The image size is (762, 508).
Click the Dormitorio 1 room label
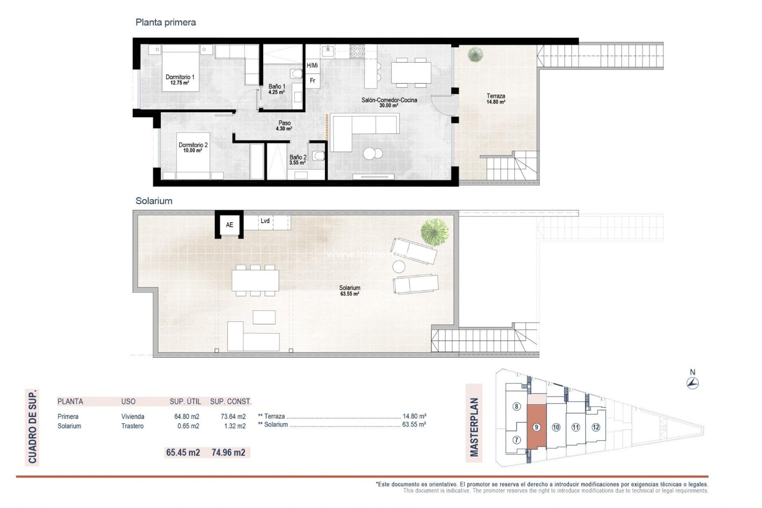pyautogui.click(x=180, y=80)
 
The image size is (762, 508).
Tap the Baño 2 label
pyautogui.click(x=298, y=160)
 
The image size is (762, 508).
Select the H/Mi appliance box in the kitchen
pyautogui.click(x=312, y=65)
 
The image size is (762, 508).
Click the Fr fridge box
pyautogui.click(x=312, y=81)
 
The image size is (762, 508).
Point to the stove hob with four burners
pyautogui.click(x=357, y=51)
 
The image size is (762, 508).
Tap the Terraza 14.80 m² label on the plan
pyautogui.click(x=496, y=98)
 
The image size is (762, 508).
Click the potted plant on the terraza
pyautogui.click(x=475, y=54)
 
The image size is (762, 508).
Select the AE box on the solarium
pyautogui.click(x=229, y=225)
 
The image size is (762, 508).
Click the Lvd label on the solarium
pyautogui.click(x=265, y=221)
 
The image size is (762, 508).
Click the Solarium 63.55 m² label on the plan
pyautogui.click(x=350, y=291)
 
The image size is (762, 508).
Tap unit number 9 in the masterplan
pyautogui.click(x=536, y=427)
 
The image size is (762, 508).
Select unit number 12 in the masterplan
pyautogui.click(x=595, y=427)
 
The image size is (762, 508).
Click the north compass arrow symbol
pyautogui.click(x=693, y=383)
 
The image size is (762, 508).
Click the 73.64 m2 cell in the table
pyautogui.click(x=233, y=416)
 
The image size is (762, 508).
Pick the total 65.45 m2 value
pyautogui.click(x=183, y=452)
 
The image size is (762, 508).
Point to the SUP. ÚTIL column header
pyautogui.click(x=185, y=401)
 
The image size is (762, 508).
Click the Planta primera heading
pyautogui.click(x=165, y=22)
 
